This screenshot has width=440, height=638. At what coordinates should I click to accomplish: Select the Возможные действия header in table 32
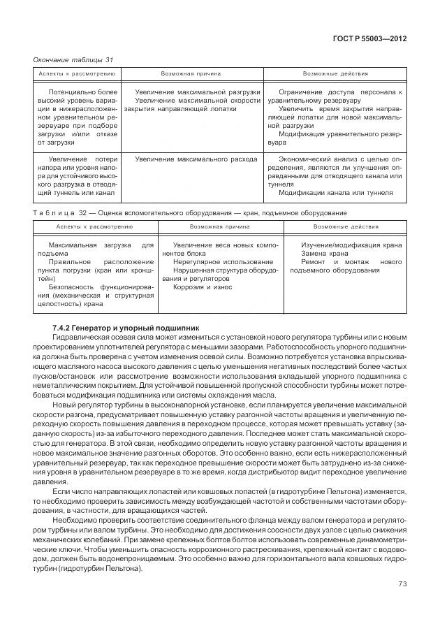point(346,227)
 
